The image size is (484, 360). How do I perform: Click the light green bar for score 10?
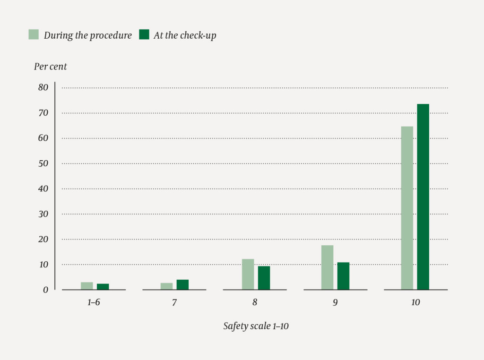(407, 208)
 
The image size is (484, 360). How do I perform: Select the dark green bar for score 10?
(423, 197)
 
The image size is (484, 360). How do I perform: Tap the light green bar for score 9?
(327, 267)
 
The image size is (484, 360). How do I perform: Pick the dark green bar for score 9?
(343, 276)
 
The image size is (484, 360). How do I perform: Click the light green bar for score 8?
(248, 274)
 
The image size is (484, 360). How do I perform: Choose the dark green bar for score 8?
(264, 278)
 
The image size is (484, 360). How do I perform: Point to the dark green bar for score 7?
(182, 284)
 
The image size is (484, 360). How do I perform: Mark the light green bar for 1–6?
(87, 286)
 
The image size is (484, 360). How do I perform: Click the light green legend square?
(34, 34)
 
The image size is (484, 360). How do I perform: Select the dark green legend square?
(144, 34)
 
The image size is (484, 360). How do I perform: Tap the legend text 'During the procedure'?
(88, 35)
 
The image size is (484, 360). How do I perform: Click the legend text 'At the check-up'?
(185, 35)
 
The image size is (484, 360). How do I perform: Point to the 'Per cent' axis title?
(50, 67)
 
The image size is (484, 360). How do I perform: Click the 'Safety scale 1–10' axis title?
(256, 326)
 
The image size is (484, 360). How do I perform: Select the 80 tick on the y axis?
(43, 87)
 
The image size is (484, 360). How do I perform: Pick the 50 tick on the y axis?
(43, 163)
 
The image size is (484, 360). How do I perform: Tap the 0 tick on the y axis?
(45, 290)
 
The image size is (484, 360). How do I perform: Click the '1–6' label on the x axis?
(94, 302)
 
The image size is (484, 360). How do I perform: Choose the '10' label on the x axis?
(415, 302)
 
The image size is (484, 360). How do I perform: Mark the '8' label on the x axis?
(255, 302)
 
